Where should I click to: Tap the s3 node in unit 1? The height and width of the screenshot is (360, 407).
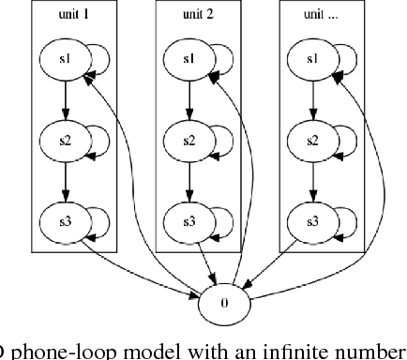[63, 222]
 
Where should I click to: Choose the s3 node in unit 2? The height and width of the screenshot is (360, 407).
[188, 222]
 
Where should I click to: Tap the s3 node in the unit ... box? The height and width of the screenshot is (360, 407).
[314, 222]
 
